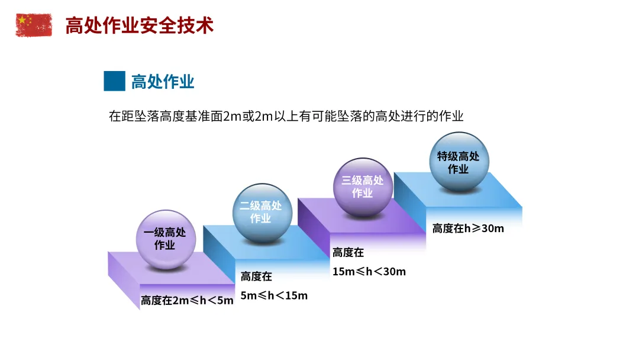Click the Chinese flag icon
[x=33, y=25]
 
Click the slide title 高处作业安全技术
[x=139, y=25]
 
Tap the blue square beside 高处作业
[x=114, y=81]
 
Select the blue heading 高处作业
[x=163, y=82]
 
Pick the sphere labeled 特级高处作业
[x=459, y=162]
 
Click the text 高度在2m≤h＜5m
[x=187, y=300]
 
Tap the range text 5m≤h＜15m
[x=274, y=295]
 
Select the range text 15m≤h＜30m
[x=369, y=271]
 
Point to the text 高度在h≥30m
[x=468, y=229]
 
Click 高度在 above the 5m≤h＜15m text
[x=256, y=276]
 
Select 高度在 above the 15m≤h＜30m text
[x=348, y=253]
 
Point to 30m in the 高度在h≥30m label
[x=492, y=229]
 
